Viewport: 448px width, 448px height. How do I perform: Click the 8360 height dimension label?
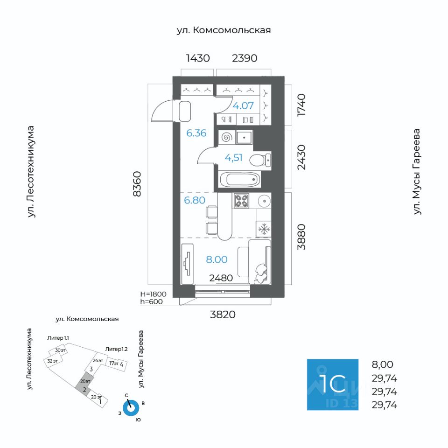[x=137, y=185]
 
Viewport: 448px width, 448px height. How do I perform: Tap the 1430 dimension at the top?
[x=198, y=58]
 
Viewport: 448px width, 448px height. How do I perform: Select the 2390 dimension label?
[x=245, y=58]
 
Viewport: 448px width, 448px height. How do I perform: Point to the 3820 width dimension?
[x=223, y=315]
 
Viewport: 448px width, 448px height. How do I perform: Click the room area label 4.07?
[x=243, y=105]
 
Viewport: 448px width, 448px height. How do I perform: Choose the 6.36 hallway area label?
[x=196, y=133]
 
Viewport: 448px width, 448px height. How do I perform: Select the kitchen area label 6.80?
[x=195, y=201]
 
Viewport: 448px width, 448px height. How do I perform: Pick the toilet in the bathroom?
[x=259, y=161]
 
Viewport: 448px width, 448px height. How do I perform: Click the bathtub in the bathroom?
[x=239, y=179]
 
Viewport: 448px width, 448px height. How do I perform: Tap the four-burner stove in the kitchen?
[x=242, y=201]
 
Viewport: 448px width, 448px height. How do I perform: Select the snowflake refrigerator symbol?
[x=264, y=229]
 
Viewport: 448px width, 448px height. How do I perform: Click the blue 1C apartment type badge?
[x=332, y=385]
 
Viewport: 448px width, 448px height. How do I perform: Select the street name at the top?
[x=224, y=30]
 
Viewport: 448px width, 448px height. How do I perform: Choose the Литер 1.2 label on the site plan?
[x=117, y=349]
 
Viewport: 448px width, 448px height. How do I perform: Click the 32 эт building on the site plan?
[x=53, y=361]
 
